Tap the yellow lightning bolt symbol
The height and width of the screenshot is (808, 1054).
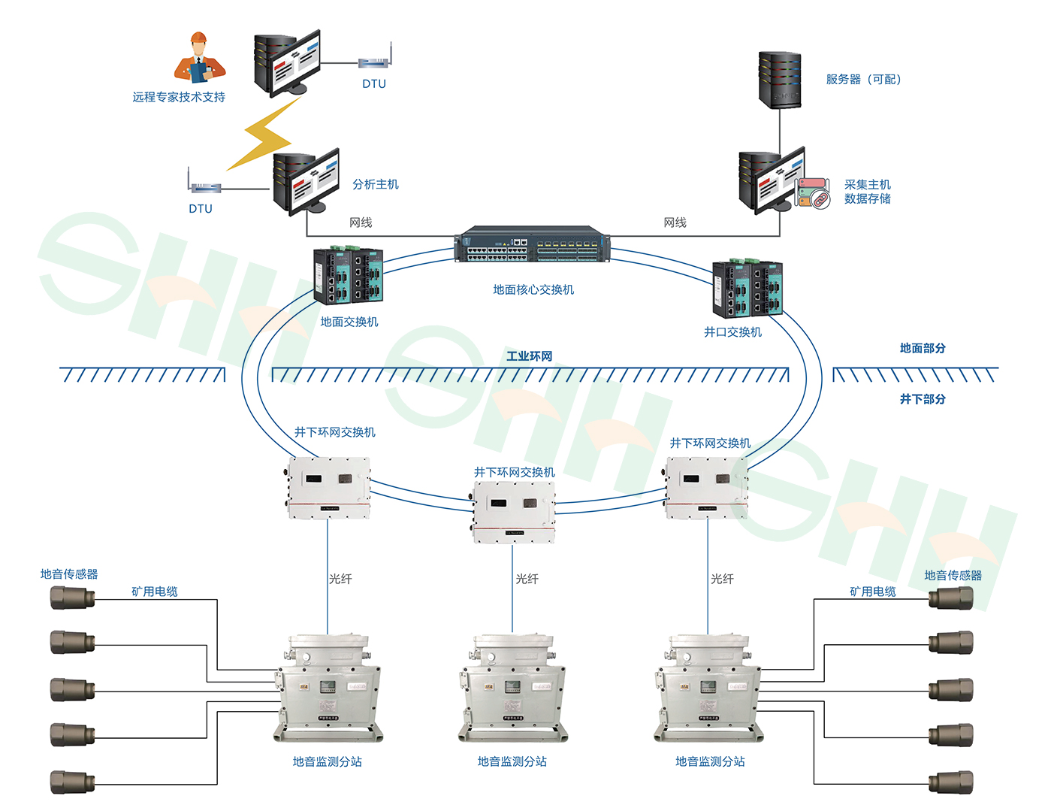pos(262,136)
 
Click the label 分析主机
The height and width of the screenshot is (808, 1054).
pos(376,184)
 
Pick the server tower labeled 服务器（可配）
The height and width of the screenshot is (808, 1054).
pos(779,80)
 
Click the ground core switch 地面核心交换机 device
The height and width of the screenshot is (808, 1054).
pos(532,244)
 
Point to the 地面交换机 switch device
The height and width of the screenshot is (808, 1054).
pos(349,275)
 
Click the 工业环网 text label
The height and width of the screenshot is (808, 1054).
pos(529,356)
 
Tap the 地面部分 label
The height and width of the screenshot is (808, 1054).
pos(923,348)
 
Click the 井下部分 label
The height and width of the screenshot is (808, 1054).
pos(923,399)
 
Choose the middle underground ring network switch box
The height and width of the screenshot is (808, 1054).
pos(514,512)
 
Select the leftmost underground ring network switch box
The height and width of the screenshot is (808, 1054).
pos(328,488)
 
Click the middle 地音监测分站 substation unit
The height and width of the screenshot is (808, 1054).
pos(512,688)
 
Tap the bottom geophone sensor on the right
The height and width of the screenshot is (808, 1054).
pos(951,782)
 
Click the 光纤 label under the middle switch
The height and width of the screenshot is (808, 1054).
pos(527,579)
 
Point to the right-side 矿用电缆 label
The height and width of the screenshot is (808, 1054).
pos(872,592)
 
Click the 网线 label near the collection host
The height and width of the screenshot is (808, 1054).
pos(675,222)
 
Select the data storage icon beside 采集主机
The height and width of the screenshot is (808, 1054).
pos(813,193)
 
